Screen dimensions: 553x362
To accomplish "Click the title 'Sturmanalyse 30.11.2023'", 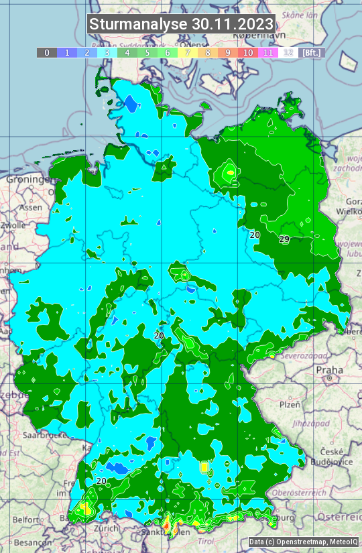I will tap(181, 24).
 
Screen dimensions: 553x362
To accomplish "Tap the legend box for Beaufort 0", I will tap(46, 52).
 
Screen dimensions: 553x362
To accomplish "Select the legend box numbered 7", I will tap(188, 52).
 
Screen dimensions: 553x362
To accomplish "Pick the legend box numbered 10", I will tap(248, 52).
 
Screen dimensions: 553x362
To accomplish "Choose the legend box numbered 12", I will tap(288, 52).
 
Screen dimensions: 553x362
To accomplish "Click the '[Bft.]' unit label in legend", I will tap(312, 52).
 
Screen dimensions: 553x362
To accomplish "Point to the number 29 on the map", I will tap(284, 239).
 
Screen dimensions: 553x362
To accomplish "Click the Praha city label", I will tap(329, 369).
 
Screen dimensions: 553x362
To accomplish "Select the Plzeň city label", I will tap(290, 404).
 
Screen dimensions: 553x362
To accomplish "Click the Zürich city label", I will tap(106, 528).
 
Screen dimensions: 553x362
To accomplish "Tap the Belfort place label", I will tap(27, 519).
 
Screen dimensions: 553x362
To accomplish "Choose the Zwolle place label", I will tap(13, 225).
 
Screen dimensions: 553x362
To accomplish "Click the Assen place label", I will tap(29, 208).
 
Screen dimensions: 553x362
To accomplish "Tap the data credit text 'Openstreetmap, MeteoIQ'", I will tap(303, 542).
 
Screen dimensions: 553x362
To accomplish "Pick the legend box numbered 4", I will tap(127, 52).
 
